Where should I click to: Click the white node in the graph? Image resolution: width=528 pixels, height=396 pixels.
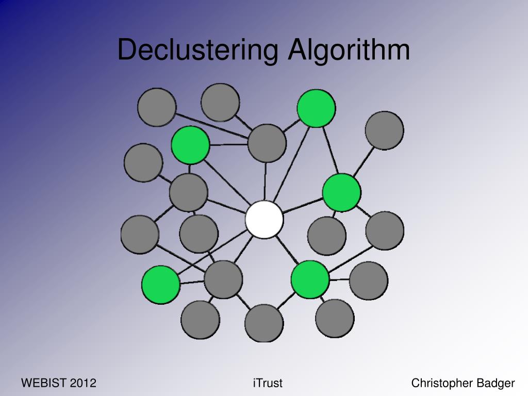click(x=264, y=220)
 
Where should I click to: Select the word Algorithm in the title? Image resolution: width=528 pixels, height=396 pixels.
click(x=349, y=50)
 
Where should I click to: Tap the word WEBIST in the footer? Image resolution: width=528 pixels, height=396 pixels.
click(x=43, y=383)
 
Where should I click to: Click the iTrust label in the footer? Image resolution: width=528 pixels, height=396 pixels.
click(x=268, y=383)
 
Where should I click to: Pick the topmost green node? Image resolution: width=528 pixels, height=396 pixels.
click(x=316, y=108)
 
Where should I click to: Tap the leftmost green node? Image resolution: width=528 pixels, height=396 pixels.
click(x=161, y=285)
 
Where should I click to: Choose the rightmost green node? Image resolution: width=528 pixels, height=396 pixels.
click(x=341, y=192)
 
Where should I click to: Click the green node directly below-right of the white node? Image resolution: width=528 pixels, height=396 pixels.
click(x=310, y=279)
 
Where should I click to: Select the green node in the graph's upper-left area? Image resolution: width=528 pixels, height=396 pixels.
click(x=190, y=145)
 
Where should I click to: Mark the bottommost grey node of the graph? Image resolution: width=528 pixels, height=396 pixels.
click(x=264, y=323)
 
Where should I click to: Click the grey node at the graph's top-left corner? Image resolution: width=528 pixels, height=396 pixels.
click(x=157, y=107)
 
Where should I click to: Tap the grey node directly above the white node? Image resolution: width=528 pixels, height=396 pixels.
click(x=267, y=143)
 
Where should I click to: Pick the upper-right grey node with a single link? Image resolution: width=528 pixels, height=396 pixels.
click(x=384, y=130)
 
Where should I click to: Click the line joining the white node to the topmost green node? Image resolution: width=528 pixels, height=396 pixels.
click(x=291, y=160)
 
